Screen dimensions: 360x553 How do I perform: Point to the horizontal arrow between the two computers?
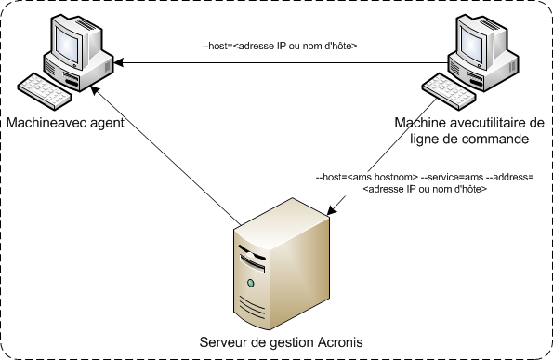279,63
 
